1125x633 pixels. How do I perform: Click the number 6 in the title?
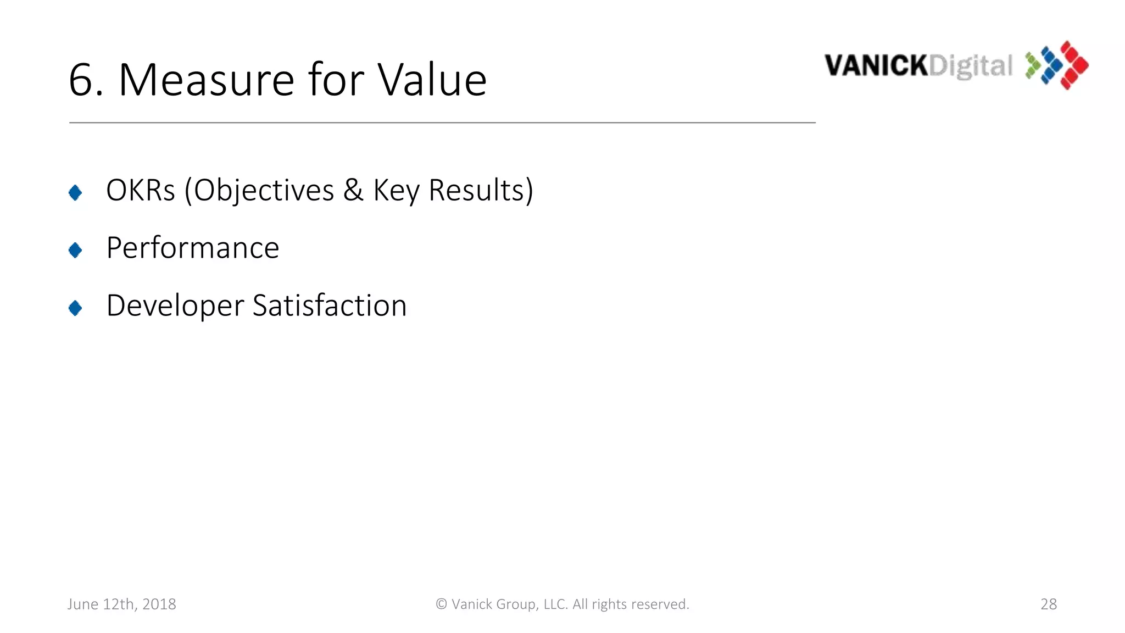(x=82, y=80)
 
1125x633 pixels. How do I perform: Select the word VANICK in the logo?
(x=876, y=66)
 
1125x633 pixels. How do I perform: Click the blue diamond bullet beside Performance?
(x=75, y=251)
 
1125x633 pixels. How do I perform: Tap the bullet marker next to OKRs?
(x=75, y=193)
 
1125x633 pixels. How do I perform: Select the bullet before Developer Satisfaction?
(x=75, y=308)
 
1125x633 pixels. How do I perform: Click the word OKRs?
(x=141, y=191)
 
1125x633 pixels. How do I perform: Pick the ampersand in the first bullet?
(x=353, y=191)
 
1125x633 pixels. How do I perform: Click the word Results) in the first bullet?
(x=481, y=191)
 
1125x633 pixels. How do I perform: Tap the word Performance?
(x=193, y=248)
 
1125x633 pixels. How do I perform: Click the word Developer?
(x=175, y=306)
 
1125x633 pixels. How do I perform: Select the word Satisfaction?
(x=330, y=306)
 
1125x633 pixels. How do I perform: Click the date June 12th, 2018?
(x=122, y=604)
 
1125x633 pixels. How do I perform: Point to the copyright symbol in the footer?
(x=441, y=604)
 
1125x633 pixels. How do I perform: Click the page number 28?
(x=1049, y=604)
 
